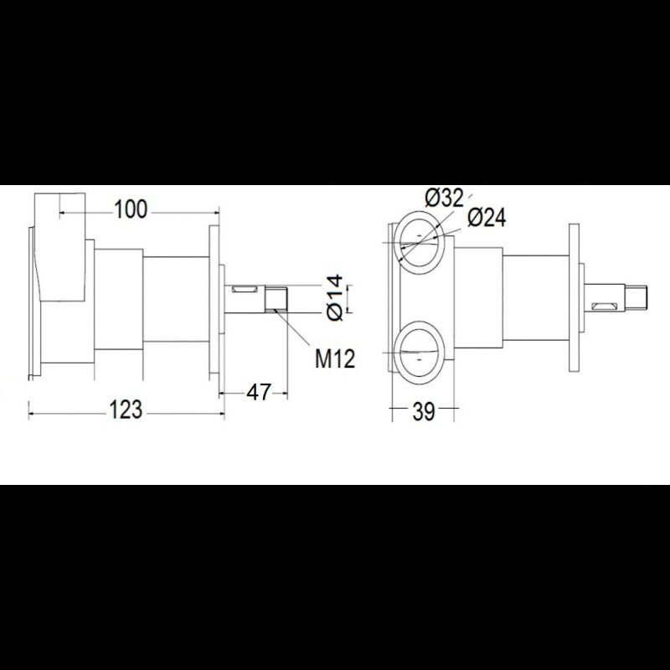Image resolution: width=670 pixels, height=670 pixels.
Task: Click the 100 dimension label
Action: (x=131, y=209)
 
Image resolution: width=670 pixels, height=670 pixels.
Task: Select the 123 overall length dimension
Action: (x=126, y=410)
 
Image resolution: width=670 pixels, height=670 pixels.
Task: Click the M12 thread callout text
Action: (x=335, y=359)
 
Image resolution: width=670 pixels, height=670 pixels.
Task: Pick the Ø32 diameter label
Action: (x=444, y=198)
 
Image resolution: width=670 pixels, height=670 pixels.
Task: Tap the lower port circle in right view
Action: (x=419, y=352)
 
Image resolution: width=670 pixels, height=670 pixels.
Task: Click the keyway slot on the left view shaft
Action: (x=246, y=290)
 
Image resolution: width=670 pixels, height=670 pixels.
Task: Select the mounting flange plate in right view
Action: (x=574, y=297)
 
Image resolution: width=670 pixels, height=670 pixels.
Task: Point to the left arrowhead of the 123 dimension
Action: (x=32, y=410)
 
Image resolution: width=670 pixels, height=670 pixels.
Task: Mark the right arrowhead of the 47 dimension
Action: (x=285, y=390)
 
